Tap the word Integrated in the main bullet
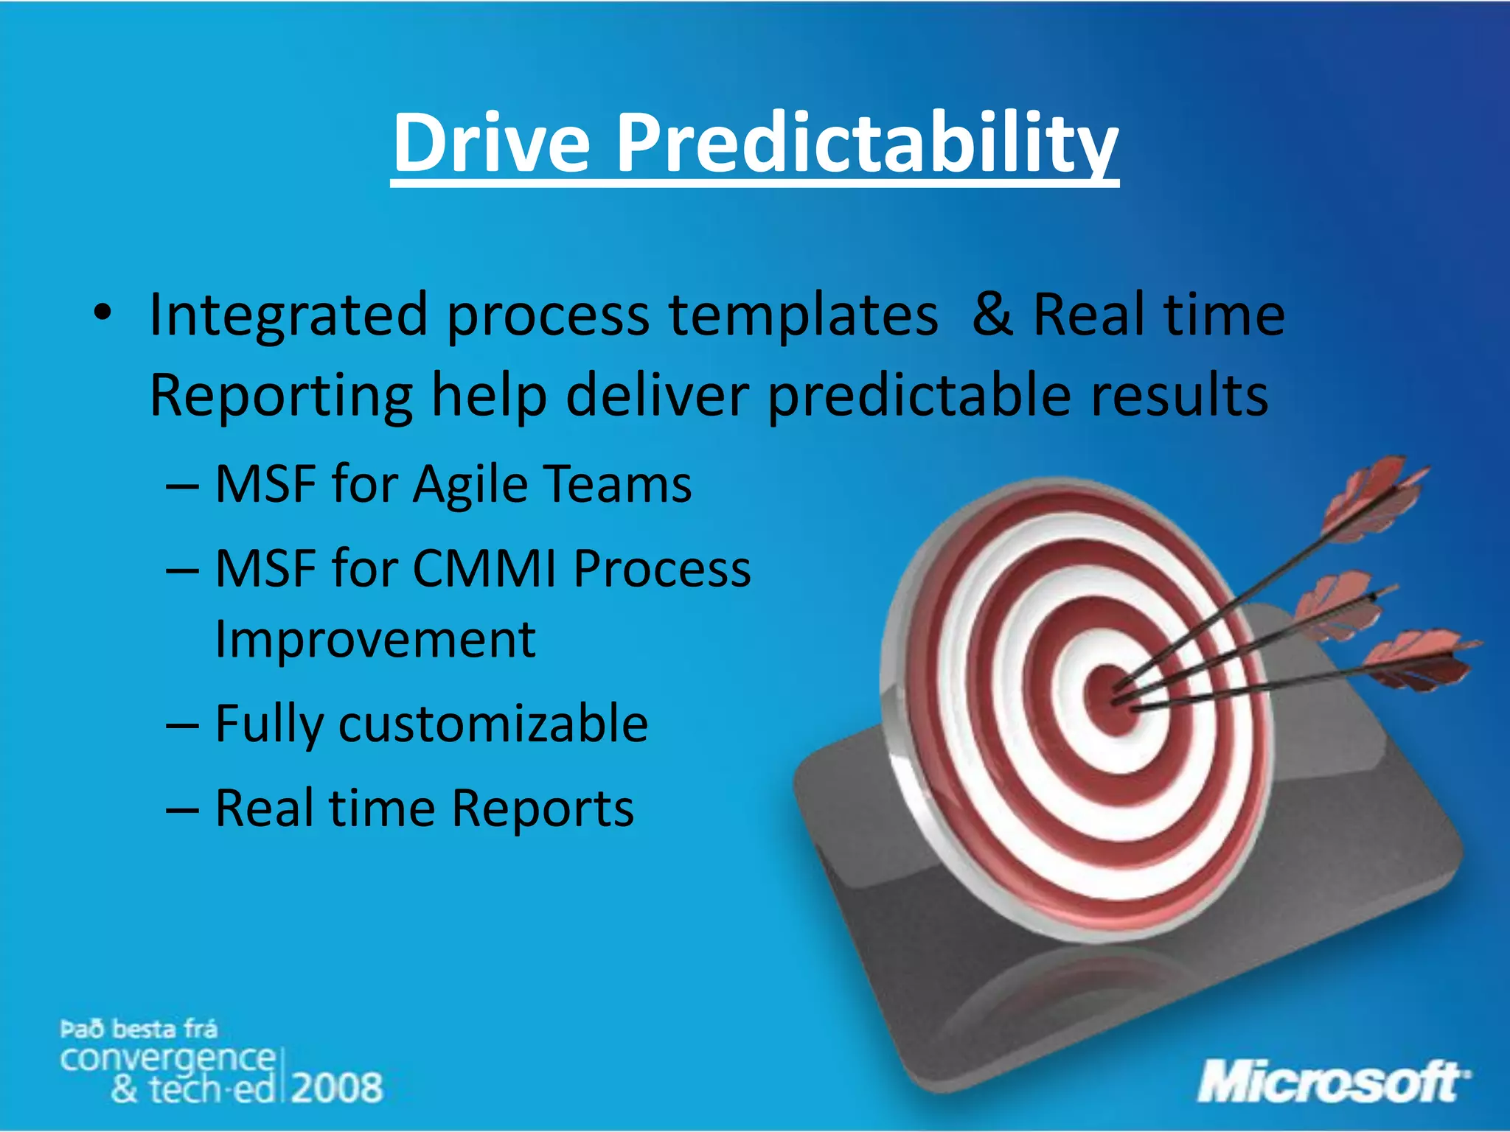pos(288,315)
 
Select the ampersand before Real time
pos(992,315)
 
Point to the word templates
pos(804,315)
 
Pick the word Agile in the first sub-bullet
pos(470,485)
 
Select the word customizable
pos(493,724)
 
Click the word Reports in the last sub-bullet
pos(542,808)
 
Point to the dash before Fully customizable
pos(182,725)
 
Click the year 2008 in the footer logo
pos(337,1088)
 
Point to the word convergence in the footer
pos(167,1058)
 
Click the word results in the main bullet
pos(1179,395)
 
